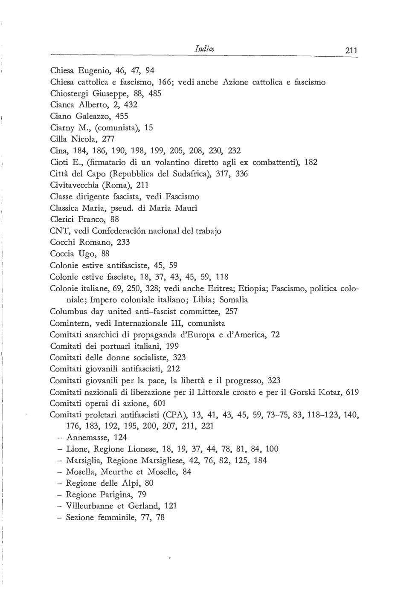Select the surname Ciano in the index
click(x=61, y=116)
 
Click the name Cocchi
click(x=63, y=242)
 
